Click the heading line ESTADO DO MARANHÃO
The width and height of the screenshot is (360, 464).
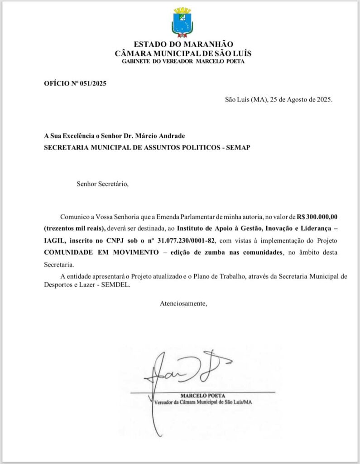coord(183,44)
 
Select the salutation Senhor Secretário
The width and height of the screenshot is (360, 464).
coord(103,184)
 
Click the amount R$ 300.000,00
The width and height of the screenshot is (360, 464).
coord(317,216)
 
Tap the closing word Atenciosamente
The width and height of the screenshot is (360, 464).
coord(183,303)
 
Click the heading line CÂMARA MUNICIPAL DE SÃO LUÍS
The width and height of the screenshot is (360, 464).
coord(183,53)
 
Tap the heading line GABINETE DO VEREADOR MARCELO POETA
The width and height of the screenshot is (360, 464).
coord(183,61)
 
